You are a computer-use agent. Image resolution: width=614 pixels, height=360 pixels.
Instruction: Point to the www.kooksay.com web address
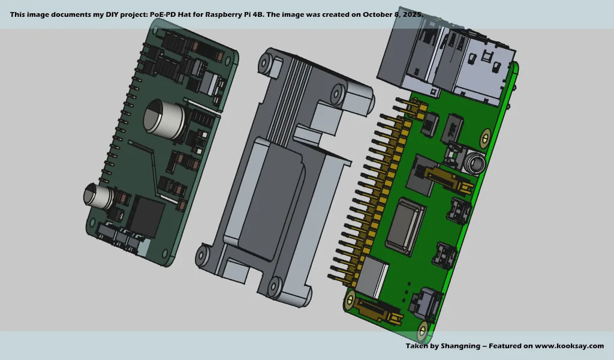pyautogui.click(x=569, y=346)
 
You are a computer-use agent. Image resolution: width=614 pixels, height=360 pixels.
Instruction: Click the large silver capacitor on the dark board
pyautogui.click(x=161, y=116)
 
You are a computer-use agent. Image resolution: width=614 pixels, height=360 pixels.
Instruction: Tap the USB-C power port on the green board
pyautogui.click(x=426, y=303)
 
